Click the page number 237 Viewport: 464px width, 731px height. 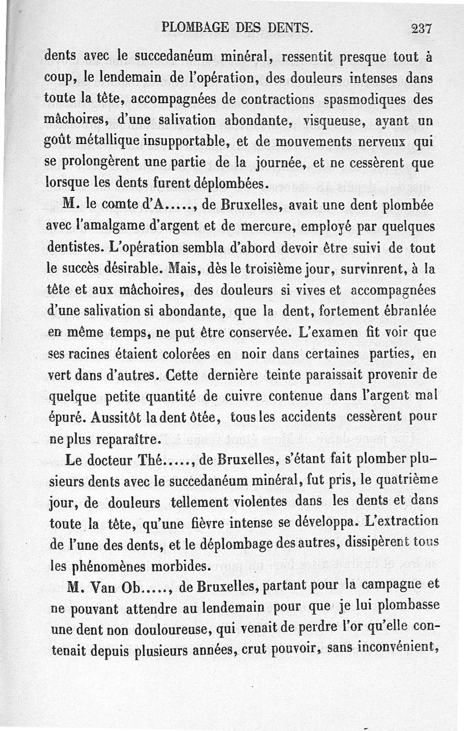[x=422, y=27]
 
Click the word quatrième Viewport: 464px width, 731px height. [x=408, y=482]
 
